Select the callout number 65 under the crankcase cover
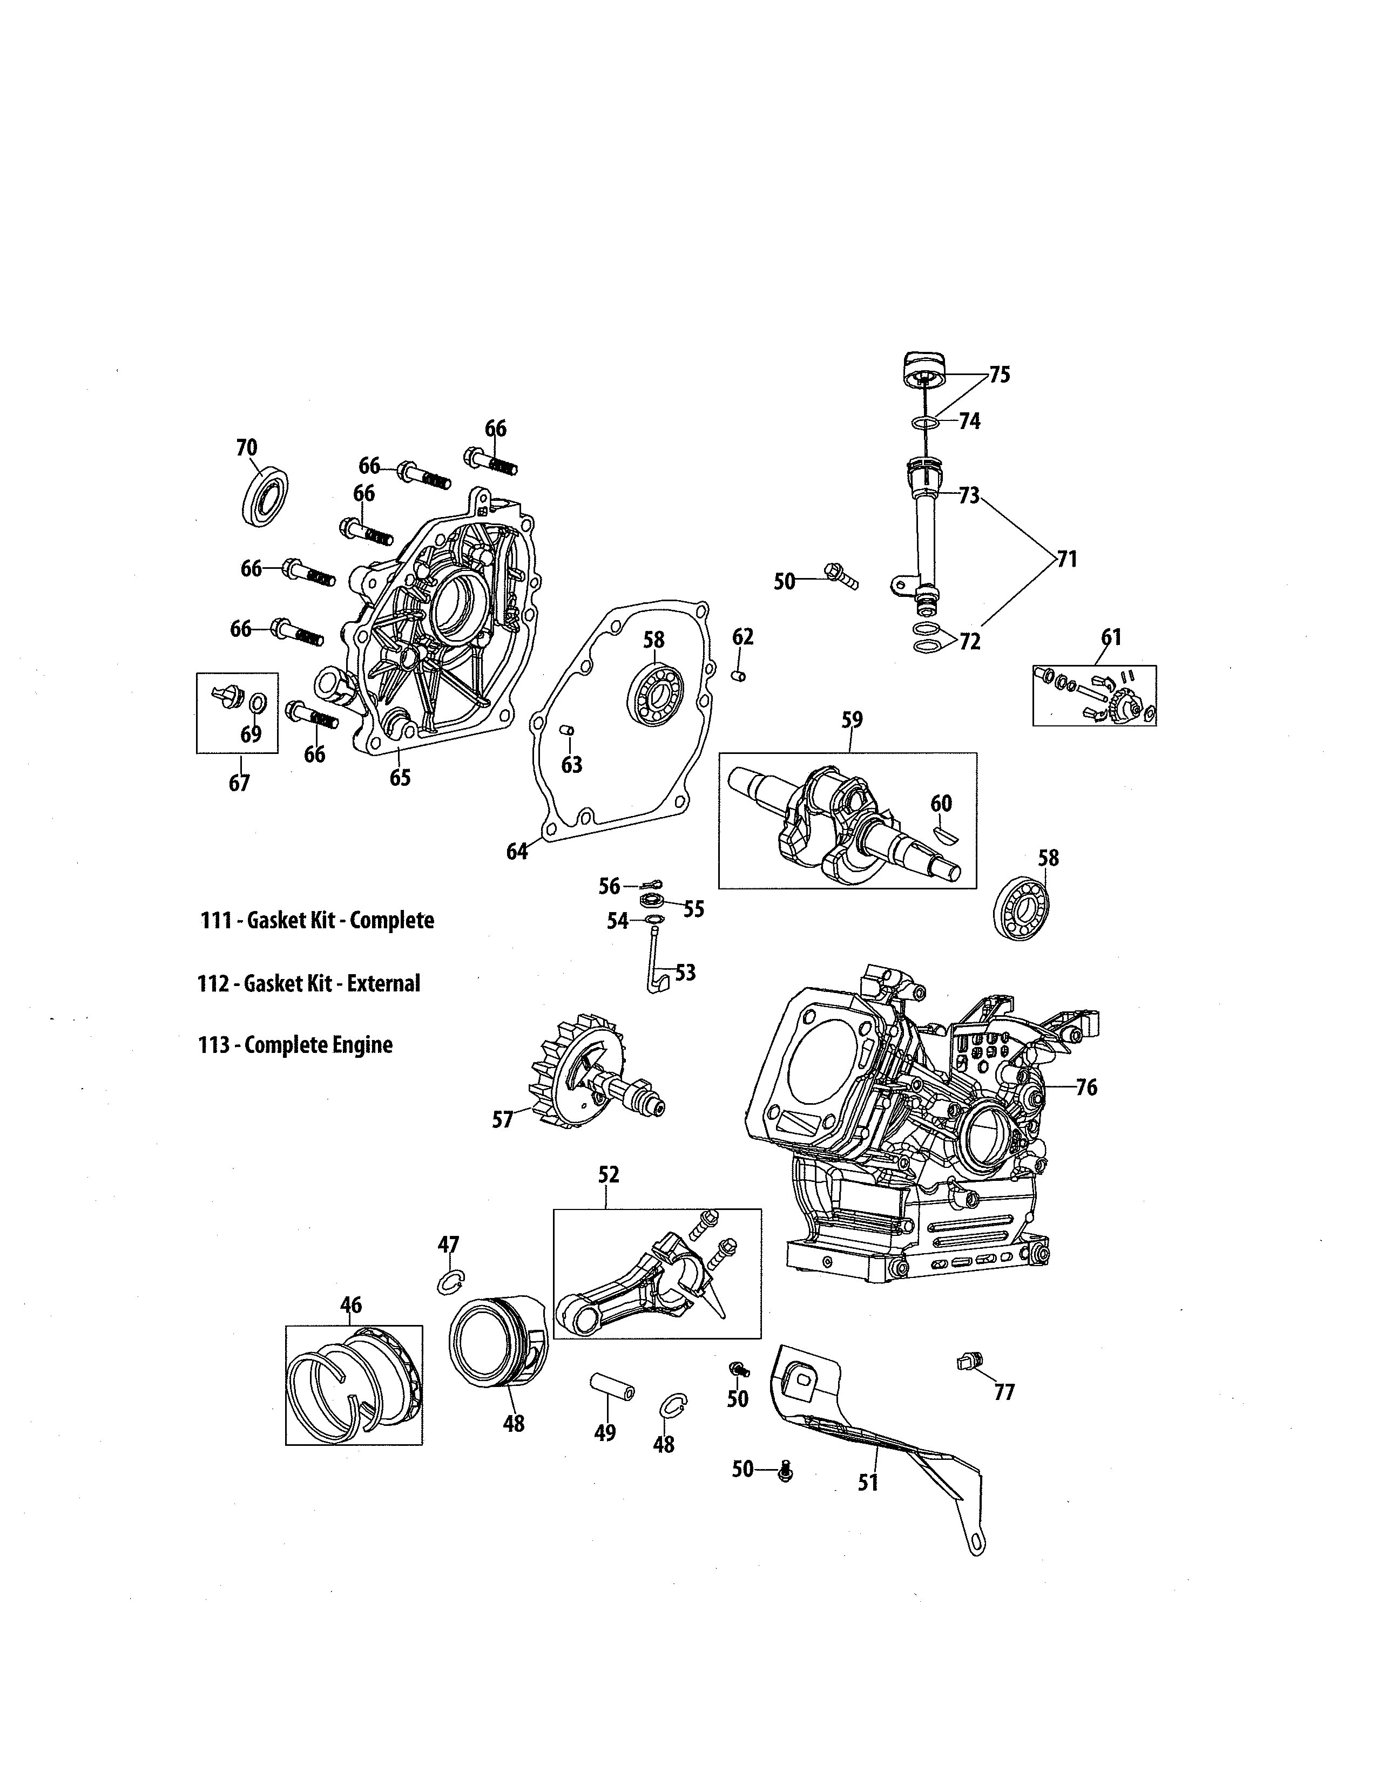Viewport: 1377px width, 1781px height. pyautogui.click(x=400, y=778)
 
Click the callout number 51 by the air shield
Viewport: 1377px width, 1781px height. pyautogui.click(x=868, y=1483)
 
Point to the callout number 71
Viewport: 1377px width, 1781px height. pyautogui.click(x=1067, y=560)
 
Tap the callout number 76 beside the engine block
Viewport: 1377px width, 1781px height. pyautogui.click(x=1086, y=1087)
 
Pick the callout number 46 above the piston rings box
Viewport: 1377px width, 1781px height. pyautogui.click(x=351, y=1306)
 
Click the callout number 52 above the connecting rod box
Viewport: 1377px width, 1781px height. pyautogui.click(x=609, y=1174)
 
